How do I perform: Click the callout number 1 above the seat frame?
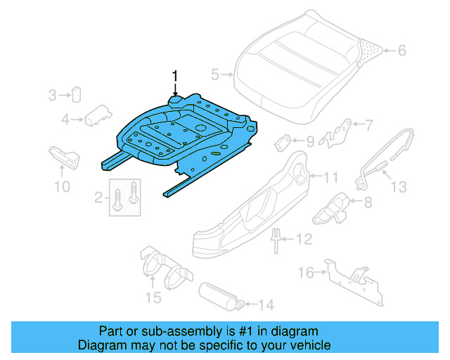coord(176,75)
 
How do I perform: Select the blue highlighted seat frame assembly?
coord(183,134)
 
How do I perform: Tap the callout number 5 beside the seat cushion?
coord(215,72)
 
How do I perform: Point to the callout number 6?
coord(403,50)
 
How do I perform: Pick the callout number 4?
coord(65,120)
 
